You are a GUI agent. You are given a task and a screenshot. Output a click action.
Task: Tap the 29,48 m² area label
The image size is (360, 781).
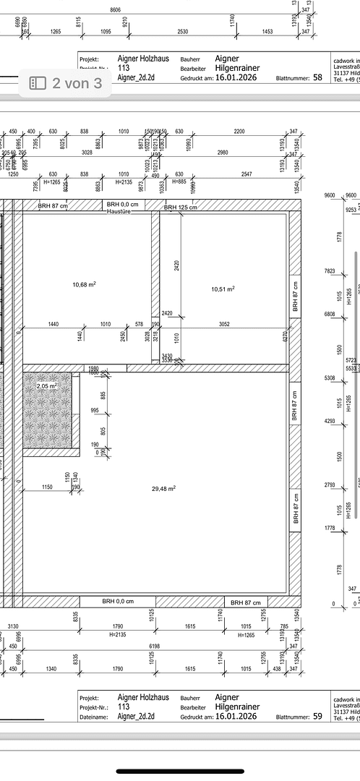coord(164,489)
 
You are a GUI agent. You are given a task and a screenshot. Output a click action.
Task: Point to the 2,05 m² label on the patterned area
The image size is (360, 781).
coord(47,387)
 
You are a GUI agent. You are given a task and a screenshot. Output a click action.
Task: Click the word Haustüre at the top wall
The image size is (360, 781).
coord(118,211)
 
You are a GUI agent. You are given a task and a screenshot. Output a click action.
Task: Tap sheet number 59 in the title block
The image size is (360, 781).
coord(317,717)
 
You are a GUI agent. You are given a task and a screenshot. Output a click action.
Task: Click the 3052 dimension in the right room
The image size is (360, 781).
coord(224,325)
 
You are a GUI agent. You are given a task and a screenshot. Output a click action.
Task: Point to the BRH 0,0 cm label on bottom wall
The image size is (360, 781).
coord(117,601)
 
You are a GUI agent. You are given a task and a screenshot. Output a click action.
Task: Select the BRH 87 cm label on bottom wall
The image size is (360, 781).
coord(247,602)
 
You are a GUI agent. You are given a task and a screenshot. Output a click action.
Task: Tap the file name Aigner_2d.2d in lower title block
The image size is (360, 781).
coord(136,717)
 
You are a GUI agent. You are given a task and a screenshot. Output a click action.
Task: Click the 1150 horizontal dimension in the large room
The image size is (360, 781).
coord(47,487)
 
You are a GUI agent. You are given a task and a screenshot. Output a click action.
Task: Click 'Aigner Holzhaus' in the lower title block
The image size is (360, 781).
coord(143,696)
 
